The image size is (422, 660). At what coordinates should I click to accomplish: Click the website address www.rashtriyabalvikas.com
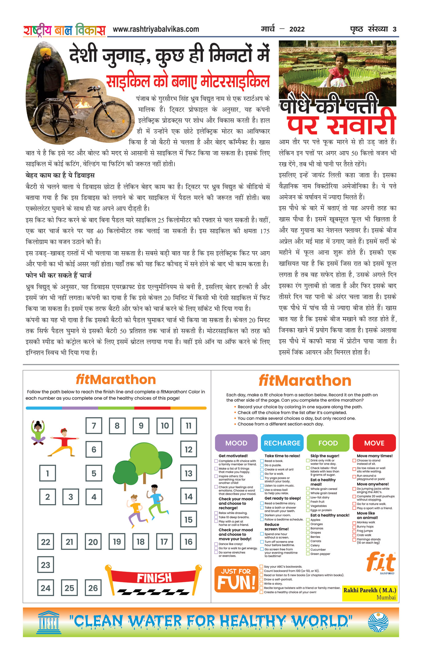click(x=156, y=29)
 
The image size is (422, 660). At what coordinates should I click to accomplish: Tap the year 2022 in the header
click(x=297, y=29)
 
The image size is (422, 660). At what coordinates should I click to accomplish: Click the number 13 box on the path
click(x=188, y=473)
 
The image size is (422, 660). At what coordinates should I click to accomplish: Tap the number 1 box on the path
click(x=47, y=473)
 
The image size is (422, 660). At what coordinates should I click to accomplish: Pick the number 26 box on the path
click(x=93, y=588)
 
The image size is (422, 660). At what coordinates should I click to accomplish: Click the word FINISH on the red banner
click(x=154, y=578)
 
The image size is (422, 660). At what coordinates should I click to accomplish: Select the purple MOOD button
click(x=236, y=443)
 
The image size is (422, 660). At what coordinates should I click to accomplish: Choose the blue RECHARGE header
click(x=282, y=443)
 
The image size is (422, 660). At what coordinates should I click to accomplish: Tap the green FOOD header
click(x=328, y=443)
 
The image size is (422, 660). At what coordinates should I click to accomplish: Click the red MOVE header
click(x=374, y=443)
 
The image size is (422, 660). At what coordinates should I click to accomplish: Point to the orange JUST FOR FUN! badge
click(x=236, y=579)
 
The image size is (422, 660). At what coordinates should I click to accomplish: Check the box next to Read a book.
click(x=262, y=461)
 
